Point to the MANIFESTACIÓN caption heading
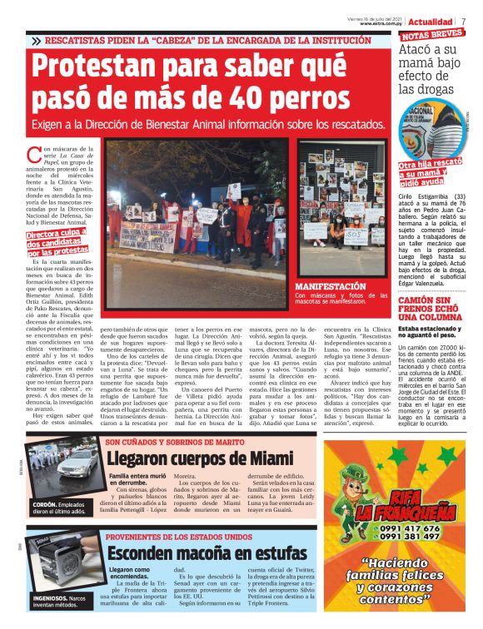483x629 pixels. pos(331,285)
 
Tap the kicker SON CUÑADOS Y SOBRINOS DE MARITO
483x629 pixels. pos(173,440)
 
